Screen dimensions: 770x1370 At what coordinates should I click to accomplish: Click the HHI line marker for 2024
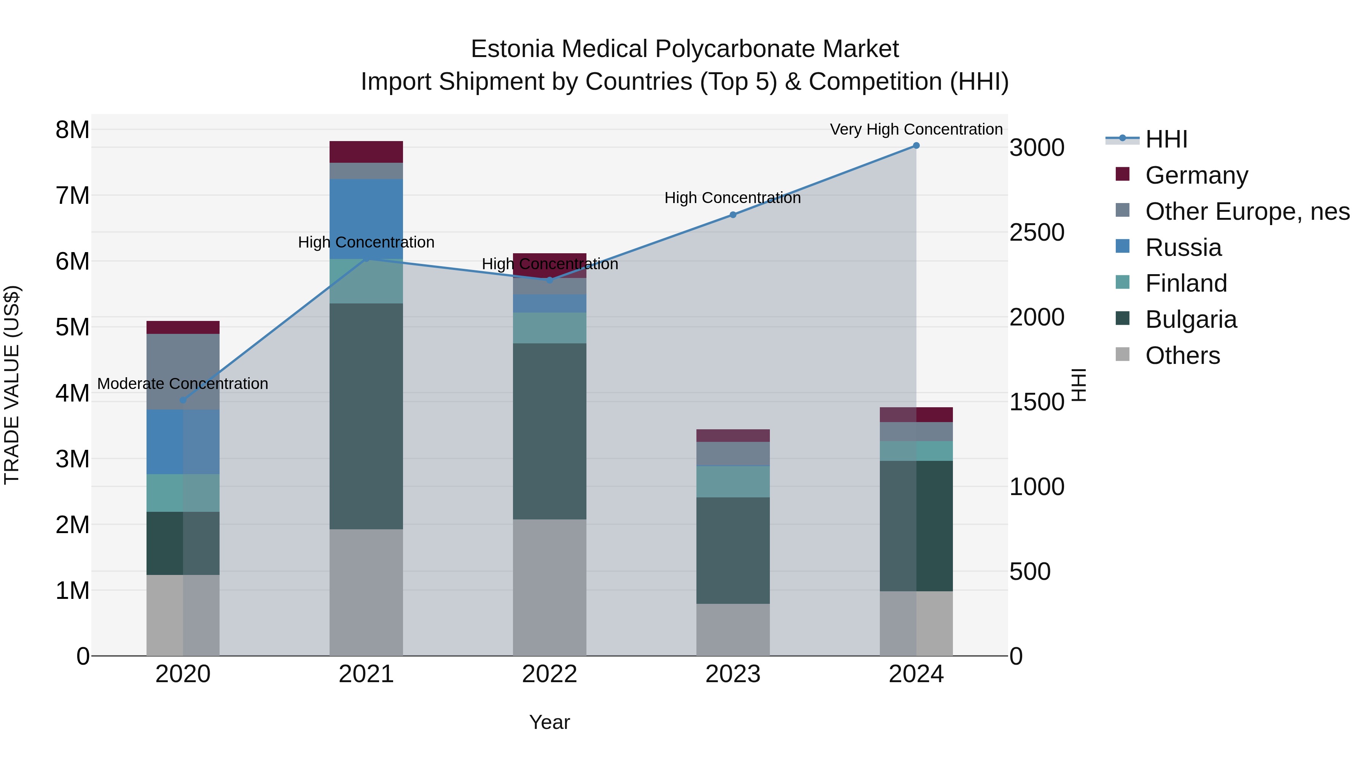916,146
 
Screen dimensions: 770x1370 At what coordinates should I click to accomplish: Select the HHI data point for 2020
183,400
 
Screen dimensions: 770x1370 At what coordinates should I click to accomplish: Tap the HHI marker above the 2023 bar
733,215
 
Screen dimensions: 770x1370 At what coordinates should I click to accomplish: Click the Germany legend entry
1196,175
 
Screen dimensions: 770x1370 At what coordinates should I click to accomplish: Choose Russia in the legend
1183,248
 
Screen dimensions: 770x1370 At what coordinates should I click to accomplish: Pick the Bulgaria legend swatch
1122,318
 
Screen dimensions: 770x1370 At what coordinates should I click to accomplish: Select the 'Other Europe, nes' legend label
1247,211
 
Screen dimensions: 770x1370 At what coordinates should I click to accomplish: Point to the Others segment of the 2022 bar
550,587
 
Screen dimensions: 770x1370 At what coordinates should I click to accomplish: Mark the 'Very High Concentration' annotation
916,130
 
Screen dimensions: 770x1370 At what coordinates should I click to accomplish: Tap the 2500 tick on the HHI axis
1037,233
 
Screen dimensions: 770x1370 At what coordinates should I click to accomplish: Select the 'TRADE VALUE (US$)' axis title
12,385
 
